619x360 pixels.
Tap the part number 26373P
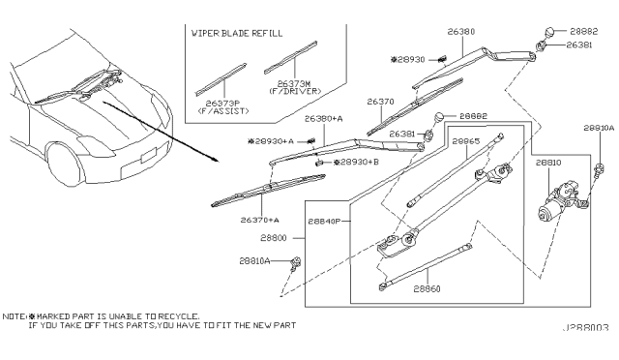point(222,104)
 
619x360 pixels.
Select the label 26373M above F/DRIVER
point(294,84)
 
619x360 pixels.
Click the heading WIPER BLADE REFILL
point(237,33)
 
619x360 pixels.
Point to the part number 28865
point(466,141)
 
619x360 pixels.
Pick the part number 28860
point(427,288)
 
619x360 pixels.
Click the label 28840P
point(324,222)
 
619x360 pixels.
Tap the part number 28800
point(274,238)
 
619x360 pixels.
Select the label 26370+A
point(260,220)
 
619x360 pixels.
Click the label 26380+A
point(324,119)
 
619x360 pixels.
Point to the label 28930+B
point(359,162)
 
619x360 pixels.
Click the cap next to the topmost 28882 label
point(550,32)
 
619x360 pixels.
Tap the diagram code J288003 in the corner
point(586,328)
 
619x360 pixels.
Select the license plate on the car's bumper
point(148,155)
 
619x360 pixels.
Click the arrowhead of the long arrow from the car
point(216,160)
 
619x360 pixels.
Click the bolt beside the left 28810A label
point(295,264)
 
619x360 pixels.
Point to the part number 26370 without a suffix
point(380,102)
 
